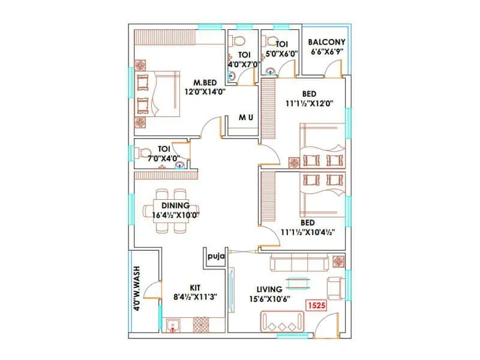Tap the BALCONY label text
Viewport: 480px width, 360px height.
click(326, 43)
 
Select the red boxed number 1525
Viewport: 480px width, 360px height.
click(317, 305)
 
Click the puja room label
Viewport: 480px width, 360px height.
click(215, 256)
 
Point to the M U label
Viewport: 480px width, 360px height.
click(245, 117)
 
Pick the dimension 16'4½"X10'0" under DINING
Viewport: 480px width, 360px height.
click(175, 214)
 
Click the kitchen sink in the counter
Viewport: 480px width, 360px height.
click(175, 326)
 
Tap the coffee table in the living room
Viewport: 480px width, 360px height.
click(298, 283)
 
